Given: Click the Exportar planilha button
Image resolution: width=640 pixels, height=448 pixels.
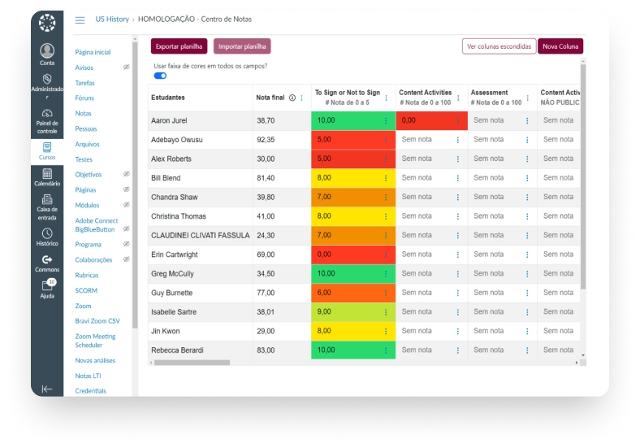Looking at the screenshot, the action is pyautogui.click(x=179, y=46).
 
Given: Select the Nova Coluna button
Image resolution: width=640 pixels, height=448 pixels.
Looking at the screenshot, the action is pyautogui.click(x=560, y=46).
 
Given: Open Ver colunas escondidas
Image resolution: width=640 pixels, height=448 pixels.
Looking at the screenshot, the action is pyautogui.click(x=499, y=46).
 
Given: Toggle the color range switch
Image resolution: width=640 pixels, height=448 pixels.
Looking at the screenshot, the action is pyautogui.click(x=160, y=76).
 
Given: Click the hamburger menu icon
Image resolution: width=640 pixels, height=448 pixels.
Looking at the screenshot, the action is pyautogui.click(x=80, y=20).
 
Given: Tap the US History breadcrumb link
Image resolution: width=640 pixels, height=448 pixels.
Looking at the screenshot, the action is pyautogui.click(x=112, y=20).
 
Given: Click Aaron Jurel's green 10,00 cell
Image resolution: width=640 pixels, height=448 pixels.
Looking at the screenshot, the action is pyautogui.click(x=353, y=120).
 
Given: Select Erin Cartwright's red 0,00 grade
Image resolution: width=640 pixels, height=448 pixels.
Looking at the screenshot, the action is pyautogui.click(x=353, y=254).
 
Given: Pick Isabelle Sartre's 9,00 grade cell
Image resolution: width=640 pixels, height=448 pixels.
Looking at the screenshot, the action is pyautogui.click(x=353, y=312).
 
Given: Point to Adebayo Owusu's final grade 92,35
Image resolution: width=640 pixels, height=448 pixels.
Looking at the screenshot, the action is pyautogui.click(x=266, y=140).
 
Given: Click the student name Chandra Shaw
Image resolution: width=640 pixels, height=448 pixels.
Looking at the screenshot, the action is pyautogui.click(x=175, y=197).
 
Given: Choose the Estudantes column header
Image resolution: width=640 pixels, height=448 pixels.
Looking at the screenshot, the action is pyautogui.click(x=168, y=98).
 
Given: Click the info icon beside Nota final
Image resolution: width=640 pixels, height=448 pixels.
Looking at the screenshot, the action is pyautogui.click(x=292, y=98).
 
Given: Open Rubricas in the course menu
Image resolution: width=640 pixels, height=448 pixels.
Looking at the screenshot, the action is pyautogui.click(x=87, y=275).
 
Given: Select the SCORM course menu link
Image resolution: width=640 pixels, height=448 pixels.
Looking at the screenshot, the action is pyautogui.click(x=86, y=290).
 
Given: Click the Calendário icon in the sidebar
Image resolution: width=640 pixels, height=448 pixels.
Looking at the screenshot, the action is pyautogui.click(x=47, y=174).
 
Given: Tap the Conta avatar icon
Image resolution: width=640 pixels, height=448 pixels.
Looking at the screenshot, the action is pyautogui.click(x=47, y=50).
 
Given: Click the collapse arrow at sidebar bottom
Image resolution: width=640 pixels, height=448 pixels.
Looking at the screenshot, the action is pyautogui.click(x=47, y=389).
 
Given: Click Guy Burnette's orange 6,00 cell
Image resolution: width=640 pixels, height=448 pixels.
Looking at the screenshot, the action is pyautogui.click(x=353, y=293).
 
